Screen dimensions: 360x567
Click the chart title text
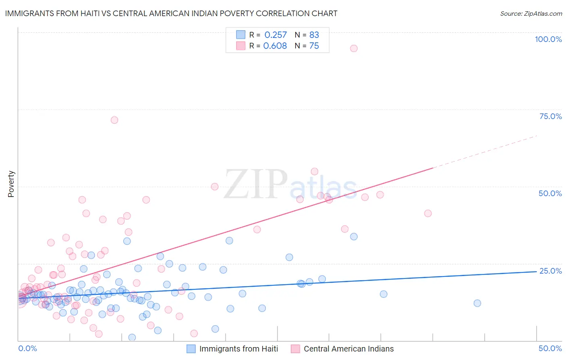tap(171, 13)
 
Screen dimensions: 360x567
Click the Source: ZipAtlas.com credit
tap(531, 13)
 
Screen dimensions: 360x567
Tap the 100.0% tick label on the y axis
tap(548, 39)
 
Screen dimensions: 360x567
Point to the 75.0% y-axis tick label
tap(550, 116)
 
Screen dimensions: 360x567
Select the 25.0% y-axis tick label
tap(550, 271)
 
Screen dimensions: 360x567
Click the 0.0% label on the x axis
tap(27, 348)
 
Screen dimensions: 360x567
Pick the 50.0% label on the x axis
tap(550, 348)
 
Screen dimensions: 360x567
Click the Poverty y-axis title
tap(11, 184)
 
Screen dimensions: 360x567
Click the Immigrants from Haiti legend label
tap(238, 349)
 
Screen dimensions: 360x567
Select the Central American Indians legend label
tap(348, 349)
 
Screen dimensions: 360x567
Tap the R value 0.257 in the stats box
tap(275, 35)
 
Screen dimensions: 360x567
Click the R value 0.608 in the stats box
tap(275, 46)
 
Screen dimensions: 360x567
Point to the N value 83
tap(314, 35)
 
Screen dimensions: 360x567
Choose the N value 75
tap(314, 46)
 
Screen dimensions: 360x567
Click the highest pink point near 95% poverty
tap(354, 48)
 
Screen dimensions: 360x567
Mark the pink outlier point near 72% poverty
tap(115, 120)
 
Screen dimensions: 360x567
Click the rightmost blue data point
tap(477, 303)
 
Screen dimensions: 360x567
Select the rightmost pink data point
tap(428, 213)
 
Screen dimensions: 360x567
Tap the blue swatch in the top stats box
tap(241, 35)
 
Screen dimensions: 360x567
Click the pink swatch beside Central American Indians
tap(296, 349)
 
